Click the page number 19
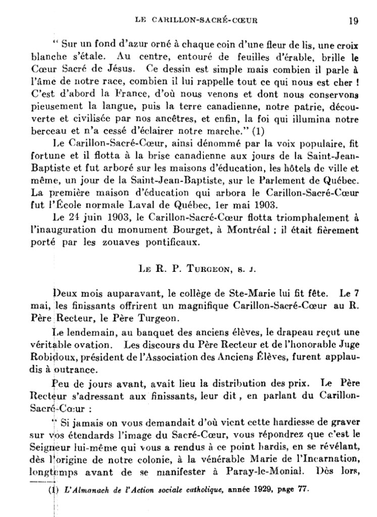353,21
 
